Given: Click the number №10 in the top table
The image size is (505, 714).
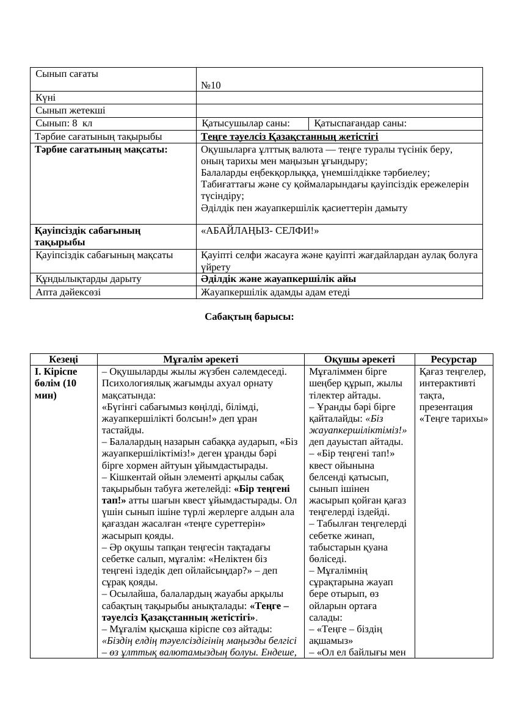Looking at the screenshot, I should click(x=211, y=85).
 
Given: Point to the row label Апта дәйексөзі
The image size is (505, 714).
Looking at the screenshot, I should click(x=68, y=292).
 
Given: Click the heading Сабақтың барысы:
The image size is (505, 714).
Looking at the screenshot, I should click(x=249, y=317).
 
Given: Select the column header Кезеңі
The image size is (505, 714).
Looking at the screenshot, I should click(x=64, y=359).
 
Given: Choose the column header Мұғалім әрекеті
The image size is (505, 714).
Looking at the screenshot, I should click(x=200, y=359).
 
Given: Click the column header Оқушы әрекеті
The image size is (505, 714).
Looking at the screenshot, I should click(x=359, y=359).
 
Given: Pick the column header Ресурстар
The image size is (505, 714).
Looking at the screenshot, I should click(x=453, y=359).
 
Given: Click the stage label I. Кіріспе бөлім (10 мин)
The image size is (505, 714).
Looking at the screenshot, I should click(x=56, y=383).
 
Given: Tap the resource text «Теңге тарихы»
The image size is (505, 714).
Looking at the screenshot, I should click(x=454, y=419).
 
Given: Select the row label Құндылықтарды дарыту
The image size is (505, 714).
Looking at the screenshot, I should click(x=89, y=279).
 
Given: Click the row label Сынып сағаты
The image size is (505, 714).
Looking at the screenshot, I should click(x=67, y=74).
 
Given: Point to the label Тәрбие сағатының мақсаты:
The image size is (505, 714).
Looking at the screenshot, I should click(x=101, y=149).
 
